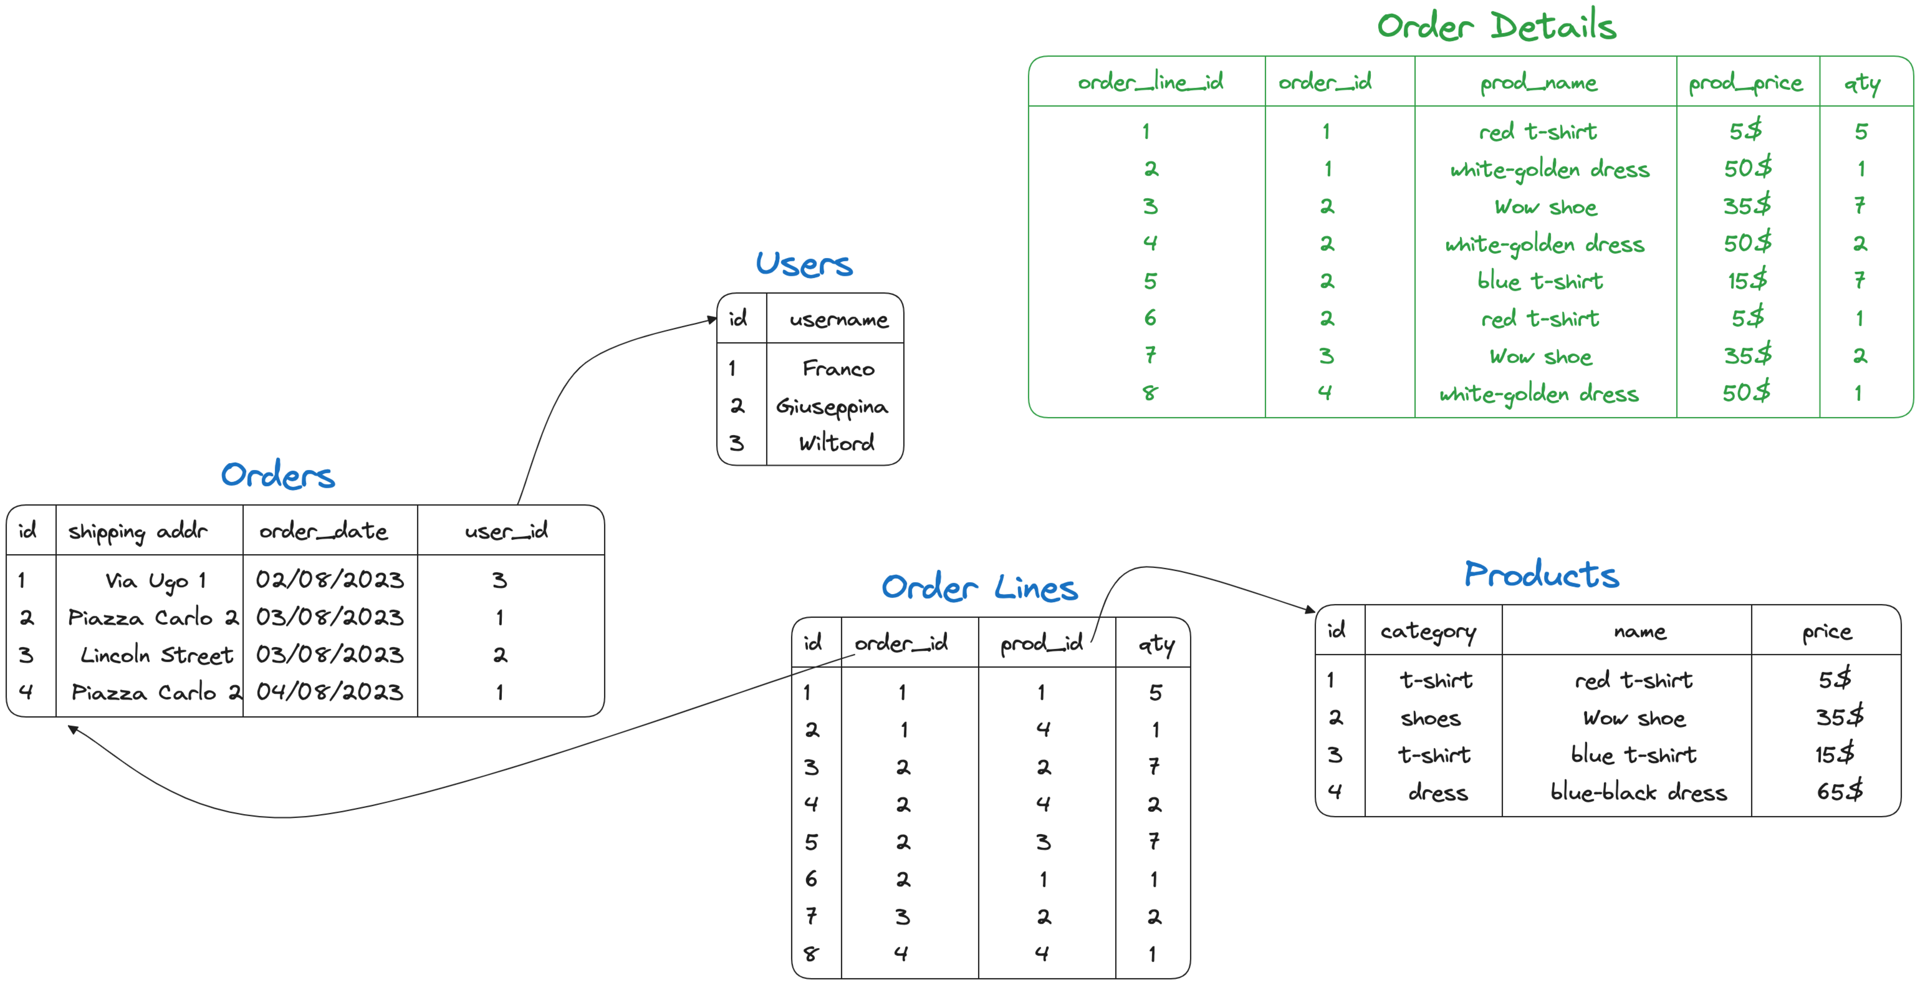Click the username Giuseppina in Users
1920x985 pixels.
[x=832, y=406]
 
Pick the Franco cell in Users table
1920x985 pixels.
[x=838, y=368]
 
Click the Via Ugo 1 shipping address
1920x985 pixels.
[x=155, y=580]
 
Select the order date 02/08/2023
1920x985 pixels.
[x=329, y=579]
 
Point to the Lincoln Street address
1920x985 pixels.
[x=156, y=655]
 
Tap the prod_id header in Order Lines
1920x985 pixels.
[x=1040, y=643]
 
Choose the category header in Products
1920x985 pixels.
[x=1427, y=632]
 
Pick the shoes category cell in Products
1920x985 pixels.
[x=1430, y=718]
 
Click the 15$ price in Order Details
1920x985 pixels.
[x=1746, y=280]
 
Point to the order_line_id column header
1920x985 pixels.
[x=1150, y=82]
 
